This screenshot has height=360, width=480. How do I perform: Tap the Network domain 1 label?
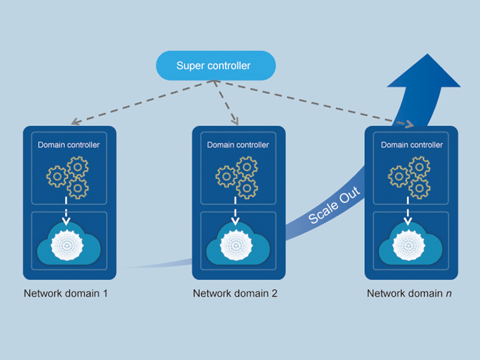tap(65, 293)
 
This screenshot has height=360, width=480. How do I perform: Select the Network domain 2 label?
tap(235, 293)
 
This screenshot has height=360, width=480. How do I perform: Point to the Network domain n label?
tap(409, 293)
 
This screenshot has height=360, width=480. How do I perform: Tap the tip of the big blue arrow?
tap(427, 55)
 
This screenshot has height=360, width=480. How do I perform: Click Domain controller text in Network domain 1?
tap(69, 145)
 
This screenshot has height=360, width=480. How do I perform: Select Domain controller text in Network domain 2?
tap(238, 145)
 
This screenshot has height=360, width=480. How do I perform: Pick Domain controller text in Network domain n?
tap(412, 145)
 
